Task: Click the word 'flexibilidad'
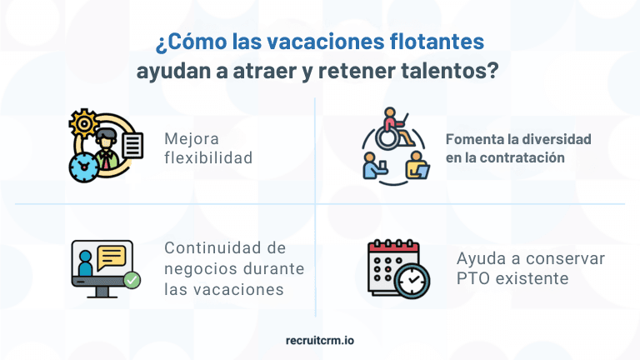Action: point(208,157)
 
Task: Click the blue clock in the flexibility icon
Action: point(83,166)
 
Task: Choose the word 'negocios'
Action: point(199,269)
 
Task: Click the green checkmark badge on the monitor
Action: point(131,281)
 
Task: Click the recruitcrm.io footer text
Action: point(319,341)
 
